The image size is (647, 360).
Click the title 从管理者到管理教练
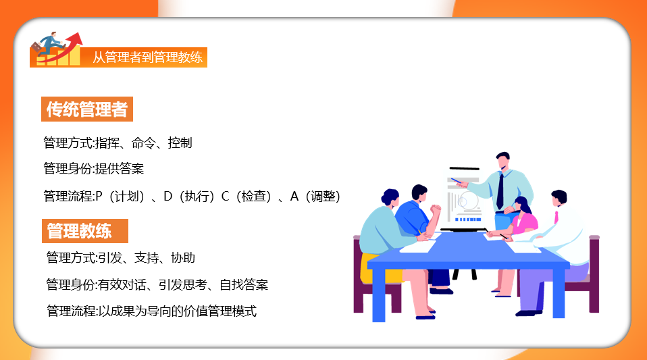click(147, 57)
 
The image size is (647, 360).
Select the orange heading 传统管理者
click(86, 109)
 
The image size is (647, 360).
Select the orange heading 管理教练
click(79, 231)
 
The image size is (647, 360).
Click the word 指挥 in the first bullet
click(108, 143)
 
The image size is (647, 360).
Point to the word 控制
click(180, 143)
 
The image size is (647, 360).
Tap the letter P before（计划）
click(99, 197)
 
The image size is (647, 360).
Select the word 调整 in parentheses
click(321, 197)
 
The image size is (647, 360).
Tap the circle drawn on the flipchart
click(464, 200)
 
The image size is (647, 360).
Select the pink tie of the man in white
click(556, 217)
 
